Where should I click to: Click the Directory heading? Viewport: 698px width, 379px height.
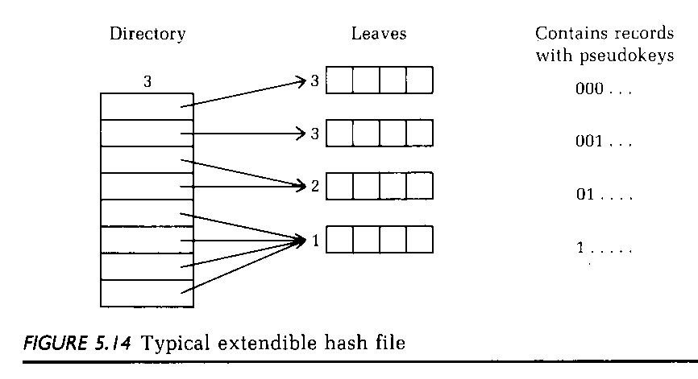click(147, 34)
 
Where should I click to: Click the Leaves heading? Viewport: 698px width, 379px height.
click(379, 34)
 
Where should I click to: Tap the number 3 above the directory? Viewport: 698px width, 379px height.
click(147, 82)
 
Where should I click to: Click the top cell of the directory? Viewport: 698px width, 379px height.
click(147, 106)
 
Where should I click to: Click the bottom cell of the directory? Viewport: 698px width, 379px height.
click(147, 292)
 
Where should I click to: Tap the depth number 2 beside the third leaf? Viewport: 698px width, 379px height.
click(314, 187)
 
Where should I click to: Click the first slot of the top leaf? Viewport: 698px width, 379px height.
click(340, 80)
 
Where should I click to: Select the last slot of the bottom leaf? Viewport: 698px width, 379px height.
click(419, 240)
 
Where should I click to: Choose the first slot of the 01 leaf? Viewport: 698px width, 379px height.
click(340, 187)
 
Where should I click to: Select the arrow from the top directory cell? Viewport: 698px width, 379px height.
click(246, 93)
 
